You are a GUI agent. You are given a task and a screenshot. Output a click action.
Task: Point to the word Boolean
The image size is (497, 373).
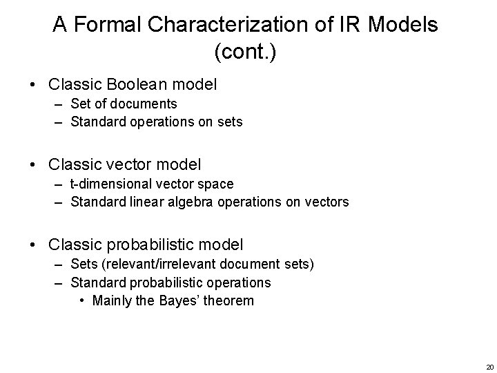click(138, 85)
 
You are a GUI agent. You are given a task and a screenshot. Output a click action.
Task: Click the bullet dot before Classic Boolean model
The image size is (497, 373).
click(34, 85)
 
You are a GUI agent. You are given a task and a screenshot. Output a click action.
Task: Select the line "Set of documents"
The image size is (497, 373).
click(124, 104)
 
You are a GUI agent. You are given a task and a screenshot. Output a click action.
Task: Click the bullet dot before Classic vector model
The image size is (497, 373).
click(34, 164)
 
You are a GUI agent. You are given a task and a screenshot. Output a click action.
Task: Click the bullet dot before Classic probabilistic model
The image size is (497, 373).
click(34, 245)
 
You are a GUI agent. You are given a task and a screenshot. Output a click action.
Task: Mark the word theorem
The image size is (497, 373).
click(231, 300)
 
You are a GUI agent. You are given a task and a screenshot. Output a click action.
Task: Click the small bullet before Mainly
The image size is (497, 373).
click(83, 300)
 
